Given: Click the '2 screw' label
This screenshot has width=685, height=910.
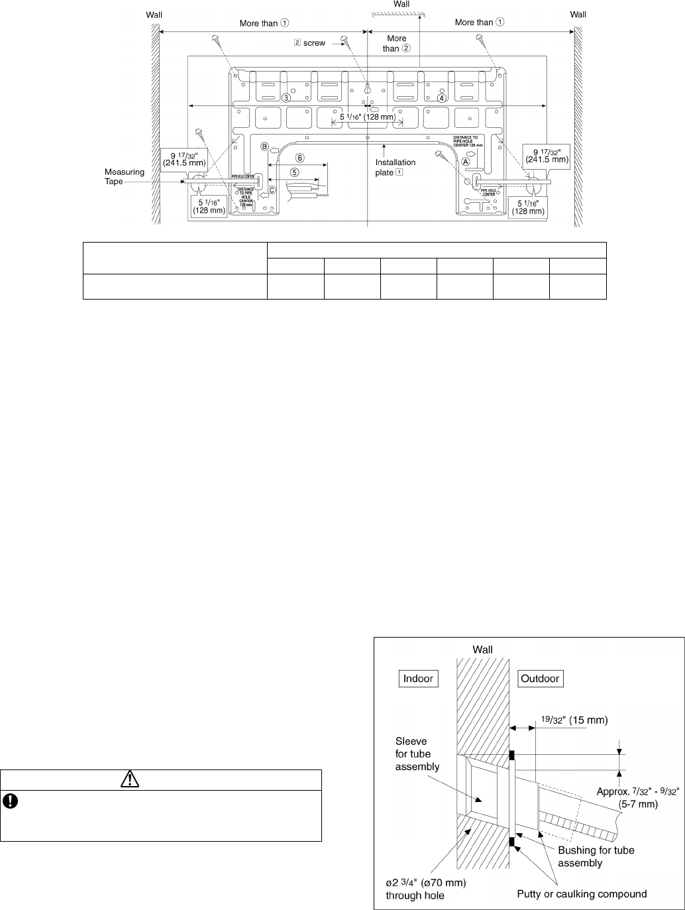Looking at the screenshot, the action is pos(309,43).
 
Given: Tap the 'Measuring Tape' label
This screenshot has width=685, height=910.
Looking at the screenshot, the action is pos(124,177).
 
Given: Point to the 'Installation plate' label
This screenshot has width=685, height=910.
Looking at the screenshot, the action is pos(395,167).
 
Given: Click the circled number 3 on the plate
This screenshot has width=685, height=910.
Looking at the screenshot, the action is pos(286,97).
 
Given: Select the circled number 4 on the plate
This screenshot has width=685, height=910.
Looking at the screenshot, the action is pos(442,97).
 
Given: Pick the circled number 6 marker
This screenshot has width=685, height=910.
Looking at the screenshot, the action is pos(299,158).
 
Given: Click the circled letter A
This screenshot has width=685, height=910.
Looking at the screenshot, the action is pos(466,161).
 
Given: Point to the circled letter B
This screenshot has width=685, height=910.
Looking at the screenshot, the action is pos(264,146).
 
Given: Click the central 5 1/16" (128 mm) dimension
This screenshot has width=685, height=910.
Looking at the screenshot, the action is pos(367,117).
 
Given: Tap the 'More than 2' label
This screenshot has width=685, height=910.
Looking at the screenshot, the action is pos(397,43).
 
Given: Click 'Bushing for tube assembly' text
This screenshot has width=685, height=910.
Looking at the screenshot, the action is pos(596,857).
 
